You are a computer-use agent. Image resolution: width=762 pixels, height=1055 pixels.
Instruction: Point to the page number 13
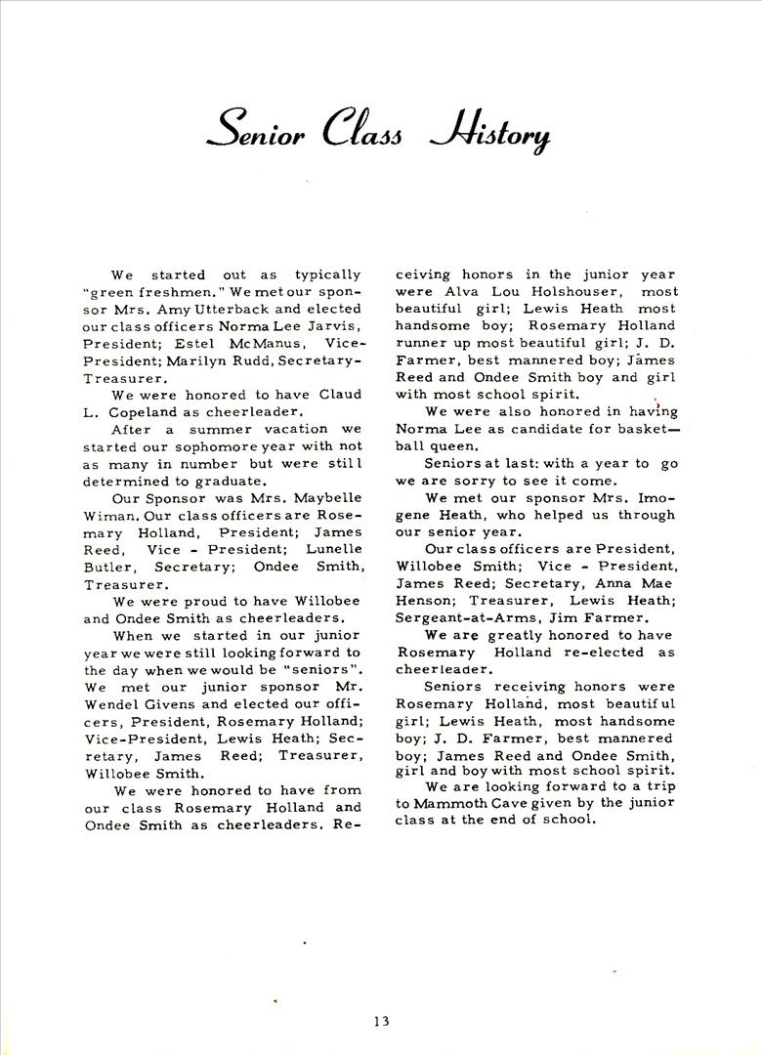tap(381, 1022)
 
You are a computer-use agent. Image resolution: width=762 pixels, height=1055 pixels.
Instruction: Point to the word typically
tap(327, 275)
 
